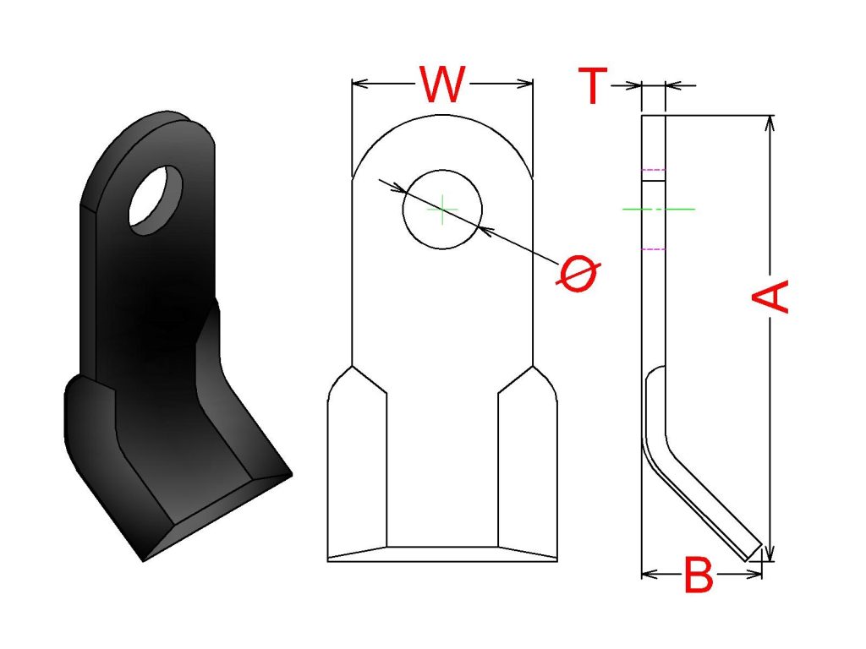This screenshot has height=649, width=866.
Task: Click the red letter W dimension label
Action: [x=442, y=85]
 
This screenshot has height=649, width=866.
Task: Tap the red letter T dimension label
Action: [x=593, y=85]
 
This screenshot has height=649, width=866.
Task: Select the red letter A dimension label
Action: [x=770, y=297]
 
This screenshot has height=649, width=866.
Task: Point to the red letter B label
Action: [x=699, y=575]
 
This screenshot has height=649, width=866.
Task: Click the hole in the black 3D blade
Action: [x=156, y=200]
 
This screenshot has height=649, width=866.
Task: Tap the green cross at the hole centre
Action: [x=442, y=210]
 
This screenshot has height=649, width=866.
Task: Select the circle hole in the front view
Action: [x=442, y=210]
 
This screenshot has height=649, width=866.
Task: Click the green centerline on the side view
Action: [x=658, y=210]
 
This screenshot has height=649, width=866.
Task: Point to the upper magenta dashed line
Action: [x=654, y=170]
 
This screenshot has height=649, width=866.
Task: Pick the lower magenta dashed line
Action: [x=654, y=249]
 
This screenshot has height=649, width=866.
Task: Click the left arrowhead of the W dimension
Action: [x=360, y=84]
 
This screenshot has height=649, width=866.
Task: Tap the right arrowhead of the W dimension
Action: [x=524, y=84]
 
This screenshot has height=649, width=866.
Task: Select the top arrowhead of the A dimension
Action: [x=771, y=123]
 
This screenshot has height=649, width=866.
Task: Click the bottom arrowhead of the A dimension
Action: [x=771, y=554]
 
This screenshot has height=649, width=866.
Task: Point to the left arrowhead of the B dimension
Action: [x=650, y=575]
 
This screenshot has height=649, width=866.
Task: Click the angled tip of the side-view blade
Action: [x=754, y=553]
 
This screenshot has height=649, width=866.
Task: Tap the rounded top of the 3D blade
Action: [x=166, y=124]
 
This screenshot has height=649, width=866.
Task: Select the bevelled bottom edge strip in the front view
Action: [x=442, y=554]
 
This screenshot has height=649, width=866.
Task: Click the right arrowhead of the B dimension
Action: [x=754, y=575]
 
